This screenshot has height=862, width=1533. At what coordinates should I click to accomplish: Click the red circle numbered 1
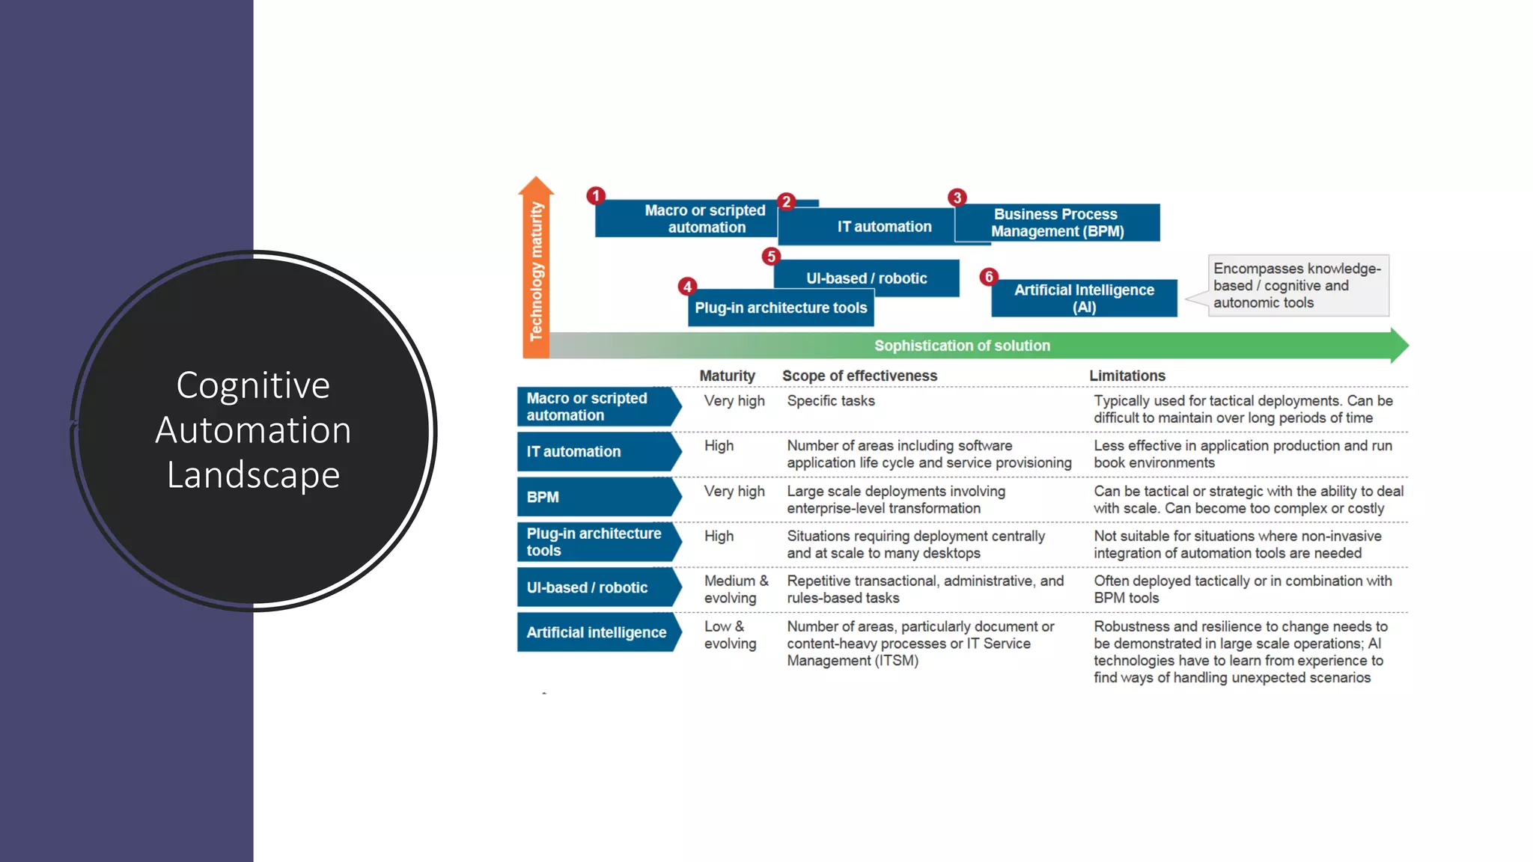tap(596, 196)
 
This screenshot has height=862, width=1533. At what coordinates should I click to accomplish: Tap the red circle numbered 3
tap(957, 198)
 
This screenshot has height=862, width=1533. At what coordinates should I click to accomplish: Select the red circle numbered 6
tap(989, 277)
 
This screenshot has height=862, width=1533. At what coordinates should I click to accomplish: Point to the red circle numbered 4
tap(687, 287)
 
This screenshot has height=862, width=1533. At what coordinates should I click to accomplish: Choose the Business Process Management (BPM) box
tap(1057, 223)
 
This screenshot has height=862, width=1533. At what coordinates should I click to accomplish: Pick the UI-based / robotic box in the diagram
tap(866, 278)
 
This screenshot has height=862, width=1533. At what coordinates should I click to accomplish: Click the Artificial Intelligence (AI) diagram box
tap(1084, 299)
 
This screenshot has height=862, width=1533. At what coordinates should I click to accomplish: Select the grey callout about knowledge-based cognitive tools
tap(1297, 286)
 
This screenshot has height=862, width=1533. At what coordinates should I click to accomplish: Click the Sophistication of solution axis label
tap(962, 346)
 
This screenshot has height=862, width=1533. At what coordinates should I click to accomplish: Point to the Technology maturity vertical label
tap(536, 271)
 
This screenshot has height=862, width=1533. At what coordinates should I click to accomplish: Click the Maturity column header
tap(727, 376)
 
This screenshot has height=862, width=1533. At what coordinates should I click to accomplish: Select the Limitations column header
tap(1127, 376)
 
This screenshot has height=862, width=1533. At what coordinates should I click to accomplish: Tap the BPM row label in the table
tap(543, 498)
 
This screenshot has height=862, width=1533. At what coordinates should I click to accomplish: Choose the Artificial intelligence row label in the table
tap(597, 633)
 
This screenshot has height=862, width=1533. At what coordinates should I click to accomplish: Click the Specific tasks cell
tap(831, 401)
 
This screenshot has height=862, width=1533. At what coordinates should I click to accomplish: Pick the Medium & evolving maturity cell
tap(736, 590)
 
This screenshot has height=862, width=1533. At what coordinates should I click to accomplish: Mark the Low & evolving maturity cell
tap(730, 635)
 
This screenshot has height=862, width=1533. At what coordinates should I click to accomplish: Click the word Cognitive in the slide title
tap(253, 385)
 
